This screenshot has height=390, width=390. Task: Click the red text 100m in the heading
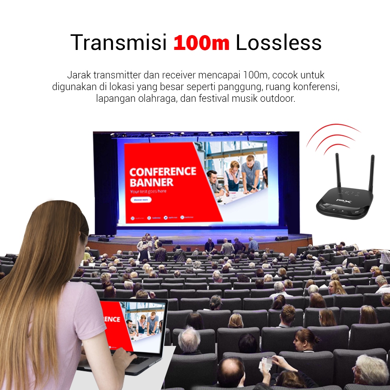coord(201,43)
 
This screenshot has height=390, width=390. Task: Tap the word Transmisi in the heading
coord(119,43)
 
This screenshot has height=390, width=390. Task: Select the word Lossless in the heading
coord(278,43)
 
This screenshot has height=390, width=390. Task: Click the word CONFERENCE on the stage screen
coord(163,172)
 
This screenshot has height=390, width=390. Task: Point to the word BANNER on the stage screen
coord(151,182)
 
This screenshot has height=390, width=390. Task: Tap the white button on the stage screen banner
coord(141,200)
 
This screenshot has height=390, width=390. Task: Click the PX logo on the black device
coord(344,202)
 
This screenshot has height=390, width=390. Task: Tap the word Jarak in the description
coord(78,75)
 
